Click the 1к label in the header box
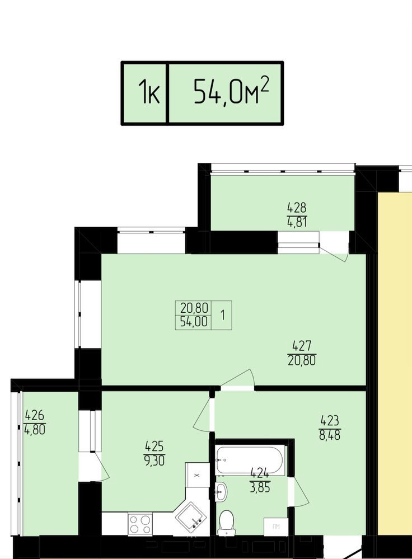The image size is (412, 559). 149,92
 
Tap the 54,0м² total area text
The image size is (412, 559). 231,91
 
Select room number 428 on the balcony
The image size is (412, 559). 297,207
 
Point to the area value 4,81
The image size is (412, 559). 297,222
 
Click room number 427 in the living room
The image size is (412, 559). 302,345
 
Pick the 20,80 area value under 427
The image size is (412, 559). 302,360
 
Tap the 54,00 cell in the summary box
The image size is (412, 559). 194,322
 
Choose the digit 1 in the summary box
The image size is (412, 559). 223,315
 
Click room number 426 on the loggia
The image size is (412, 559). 34,415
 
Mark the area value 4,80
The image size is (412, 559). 35,430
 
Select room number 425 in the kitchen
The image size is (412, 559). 154,446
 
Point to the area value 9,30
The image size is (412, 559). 154,461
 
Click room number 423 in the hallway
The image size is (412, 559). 330,421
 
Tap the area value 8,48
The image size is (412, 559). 330,435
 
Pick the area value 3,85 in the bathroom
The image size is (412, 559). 260,487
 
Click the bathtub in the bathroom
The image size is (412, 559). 250,461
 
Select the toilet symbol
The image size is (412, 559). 227,522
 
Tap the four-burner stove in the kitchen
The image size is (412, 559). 140,524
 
